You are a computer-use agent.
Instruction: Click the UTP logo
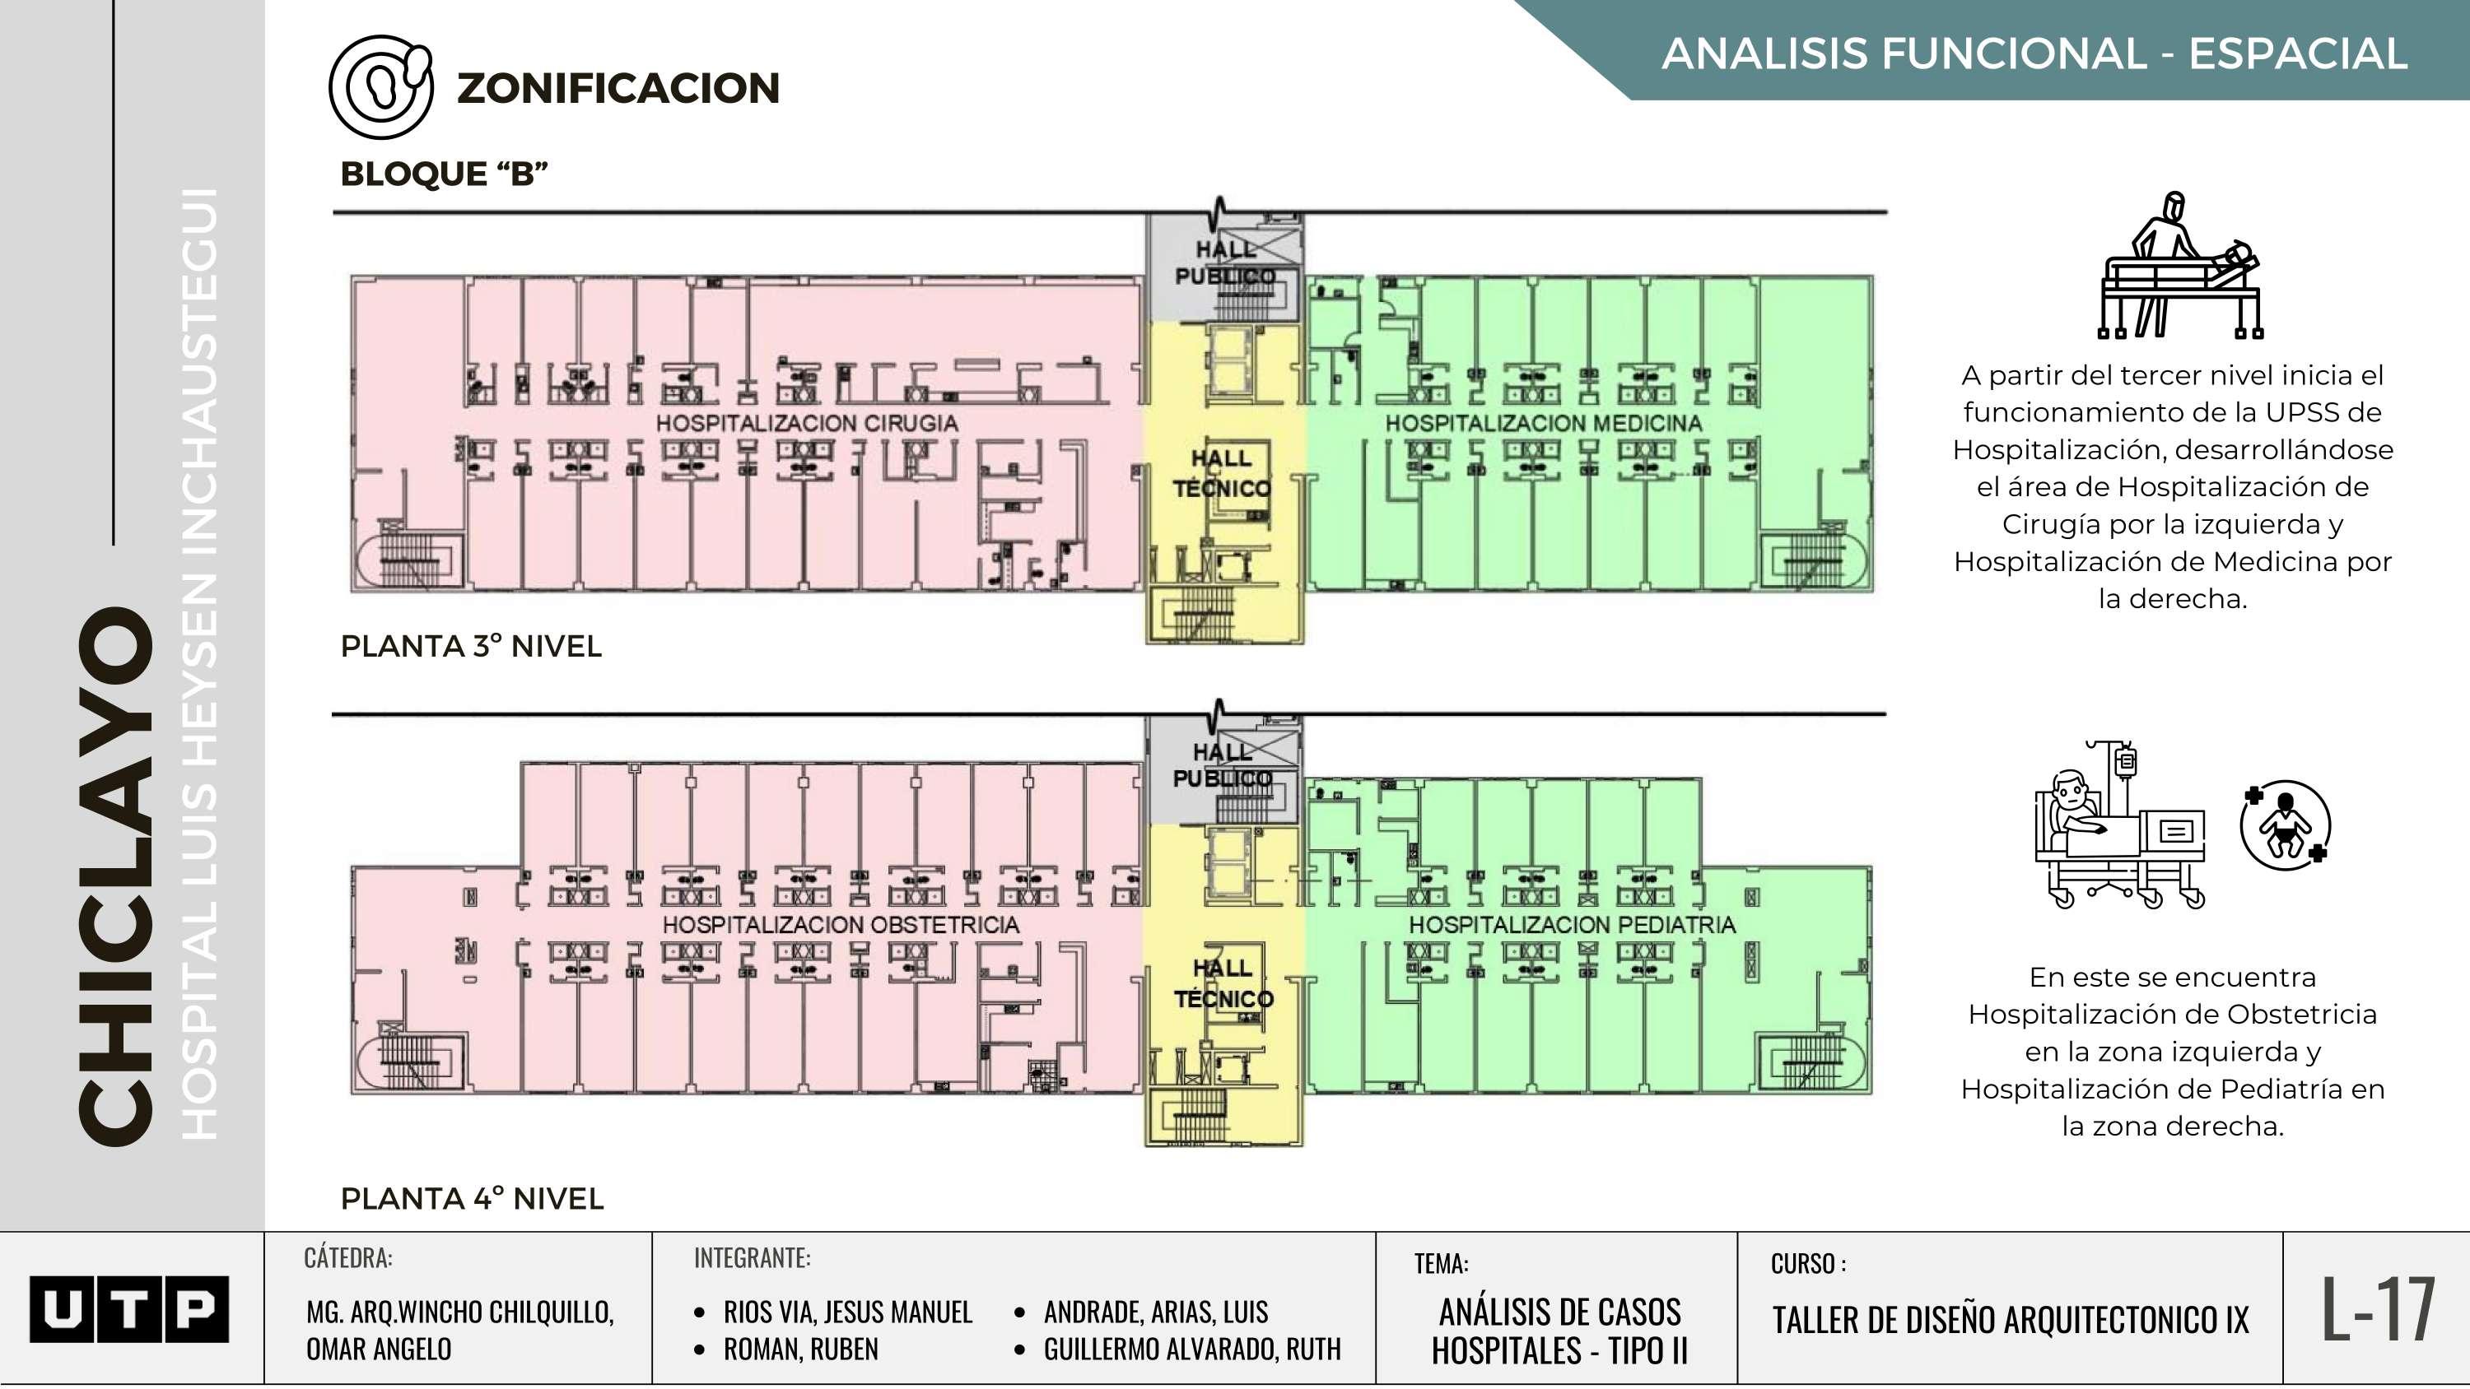[x=129, y=1308]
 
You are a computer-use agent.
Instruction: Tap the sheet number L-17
[x=2378, y=1308]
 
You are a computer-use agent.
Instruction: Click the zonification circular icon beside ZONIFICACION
[x=380, y=86]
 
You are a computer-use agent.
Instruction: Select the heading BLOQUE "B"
[x=444, y=174]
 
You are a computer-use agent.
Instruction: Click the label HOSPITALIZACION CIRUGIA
[x=806, y=423]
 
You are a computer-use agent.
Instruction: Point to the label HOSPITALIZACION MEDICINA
[x=1543, y=423]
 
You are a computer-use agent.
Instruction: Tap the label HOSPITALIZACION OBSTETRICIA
[x=840, y=925]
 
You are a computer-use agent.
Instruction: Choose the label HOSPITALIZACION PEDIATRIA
[x=1572, y=925]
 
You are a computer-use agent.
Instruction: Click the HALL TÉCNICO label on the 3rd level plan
[x=1222, y=473]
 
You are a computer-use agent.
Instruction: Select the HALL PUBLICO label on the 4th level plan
[x=1223, y=765]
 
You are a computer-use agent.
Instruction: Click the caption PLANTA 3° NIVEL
[x=471, y=646]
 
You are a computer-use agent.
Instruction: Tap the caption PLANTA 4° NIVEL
[x=472, y=1198]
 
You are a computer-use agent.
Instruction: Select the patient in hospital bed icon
[x=2120, y=826]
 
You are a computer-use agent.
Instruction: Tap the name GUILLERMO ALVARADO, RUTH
[x=1192, y=1349]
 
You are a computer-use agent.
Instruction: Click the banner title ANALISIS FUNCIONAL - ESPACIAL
[x=2034, y=53]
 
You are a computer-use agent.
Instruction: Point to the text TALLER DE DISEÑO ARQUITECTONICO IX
[x=2010, y=1320]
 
